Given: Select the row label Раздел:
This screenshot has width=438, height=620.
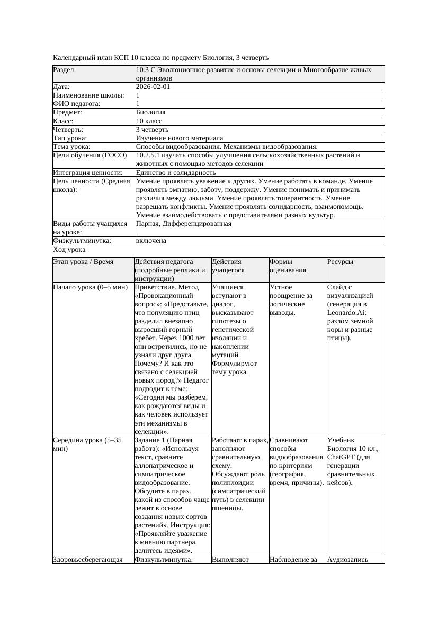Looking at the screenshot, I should click(65, 70).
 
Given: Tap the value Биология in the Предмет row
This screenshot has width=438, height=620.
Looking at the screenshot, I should click(150, 112).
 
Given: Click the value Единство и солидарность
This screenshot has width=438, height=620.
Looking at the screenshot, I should click(175, 173).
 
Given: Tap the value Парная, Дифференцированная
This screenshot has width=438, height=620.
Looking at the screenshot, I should click(183, 224).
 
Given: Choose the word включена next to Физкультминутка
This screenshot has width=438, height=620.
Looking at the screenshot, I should click(151, 241).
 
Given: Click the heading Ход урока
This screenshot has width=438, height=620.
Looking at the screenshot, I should click(69, 250).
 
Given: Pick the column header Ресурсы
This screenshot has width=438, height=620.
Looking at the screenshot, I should click(340, 262).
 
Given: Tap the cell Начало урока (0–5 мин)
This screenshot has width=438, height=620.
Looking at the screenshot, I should click(90, 287).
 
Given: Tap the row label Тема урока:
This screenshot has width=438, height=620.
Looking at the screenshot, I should click(71, 147).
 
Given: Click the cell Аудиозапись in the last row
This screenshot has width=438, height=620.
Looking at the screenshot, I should click(347, 559).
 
